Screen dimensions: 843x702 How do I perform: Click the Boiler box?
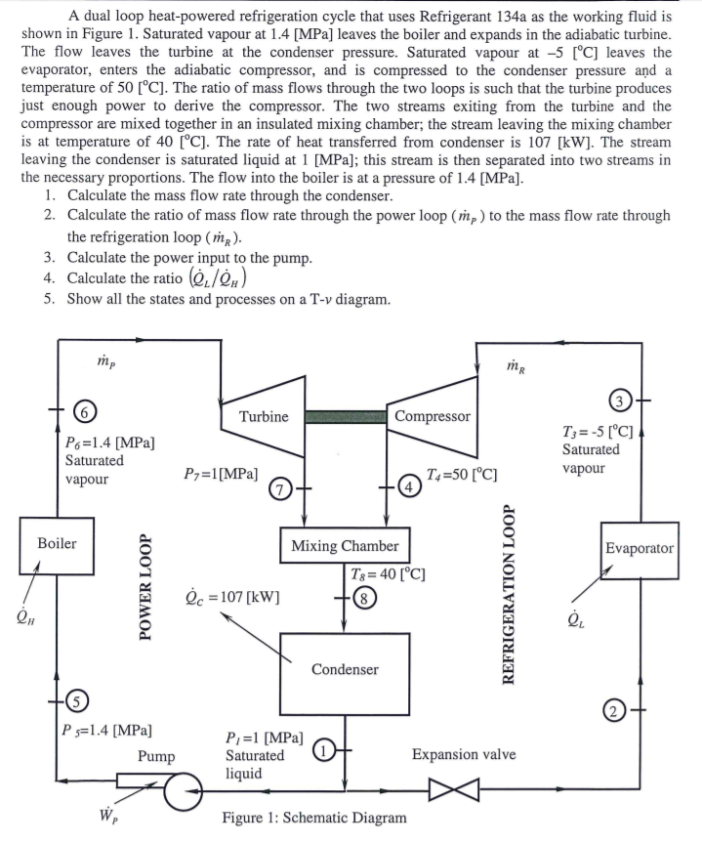[56, 544]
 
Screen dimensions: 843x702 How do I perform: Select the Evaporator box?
[639, 548]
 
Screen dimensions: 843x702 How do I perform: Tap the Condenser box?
[344, 669]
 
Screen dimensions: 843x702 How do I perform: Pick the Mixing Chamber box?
[344, 546]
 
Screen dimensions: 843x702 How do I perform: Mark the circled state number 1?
[324, 752]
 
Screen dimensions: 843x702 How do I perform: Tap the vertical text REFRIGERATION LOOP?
[507, 595]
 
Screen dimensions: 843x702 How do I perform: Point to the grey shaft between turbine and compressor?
[345, 416]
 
